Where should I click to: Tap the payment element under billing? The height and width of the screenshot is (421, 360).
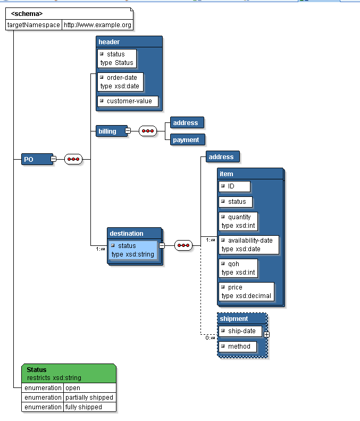click(187, 140)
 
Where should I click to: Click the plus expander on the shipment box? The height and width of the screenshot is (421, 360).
click(266, 334)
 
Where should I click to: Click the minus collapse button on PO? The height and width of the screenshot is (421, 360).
click(53, 159)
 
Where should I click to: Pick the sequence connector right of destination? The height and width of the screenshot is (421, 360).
click(183, 245)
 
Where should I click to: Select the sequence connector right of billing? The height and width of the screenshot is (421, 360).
click(148, 131)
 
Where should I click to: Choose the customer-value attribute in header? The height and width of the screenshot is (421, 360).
click(128, 101)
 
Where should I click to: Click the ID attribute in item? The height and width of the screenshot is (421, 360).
click(234, 186)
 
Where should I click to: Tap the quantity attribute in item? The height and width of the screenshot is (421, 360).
click(238, 221)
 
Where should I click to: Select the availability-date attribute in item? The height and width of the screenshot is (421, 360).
click(248, 244)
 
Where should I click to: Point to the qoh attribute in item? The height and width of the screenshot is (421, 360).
click(238, 268)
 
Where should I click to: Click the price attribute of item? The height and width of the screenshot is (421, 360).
click(246, 291)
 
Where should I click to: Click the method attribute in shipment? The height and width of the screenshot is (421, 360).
click(238, 346)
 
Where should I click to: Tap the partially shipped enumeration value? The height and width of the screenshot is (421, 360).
click(89, 398)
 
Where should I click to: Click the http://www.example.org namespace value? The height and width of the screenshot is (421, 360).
click(97, 25)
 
